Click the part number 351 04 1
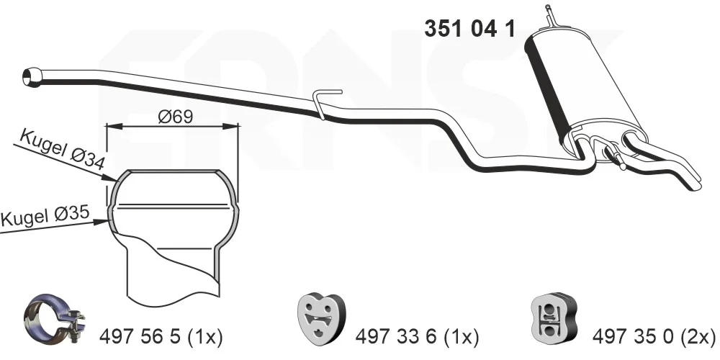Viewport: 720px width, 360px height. pos(469,29)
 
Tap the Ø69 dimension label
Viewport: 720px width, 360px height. pos(175,116)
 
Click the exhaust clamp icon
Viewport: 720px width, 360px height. pos(54,316)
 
